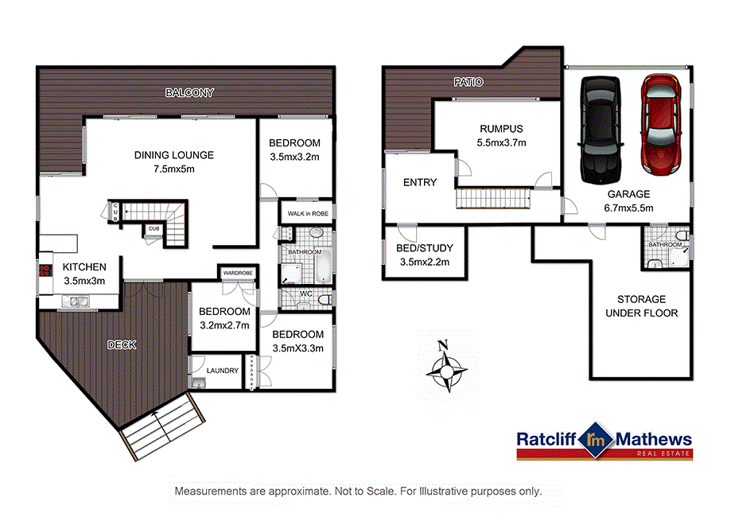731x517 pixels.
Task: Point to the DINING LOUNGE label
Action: tap(174, 155)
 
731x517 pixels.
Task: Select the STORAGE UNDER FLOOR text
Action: tap(641, 306)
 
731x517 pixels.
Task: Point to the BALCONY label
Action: tap(189, 93)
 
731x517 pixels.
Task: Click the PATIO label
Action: tap(469, 82)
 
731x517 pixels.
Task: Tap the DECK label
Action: tap(122, 345)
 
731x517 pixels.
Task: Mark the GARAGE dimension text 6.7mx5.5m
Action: tap(628, 208)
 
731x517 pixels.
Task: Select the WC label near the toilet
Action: tap(306, 293)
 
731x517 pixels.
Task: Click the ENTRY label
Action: tap(420, 182)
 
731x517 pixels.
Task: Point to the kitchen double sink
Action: tap(77, 301)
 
